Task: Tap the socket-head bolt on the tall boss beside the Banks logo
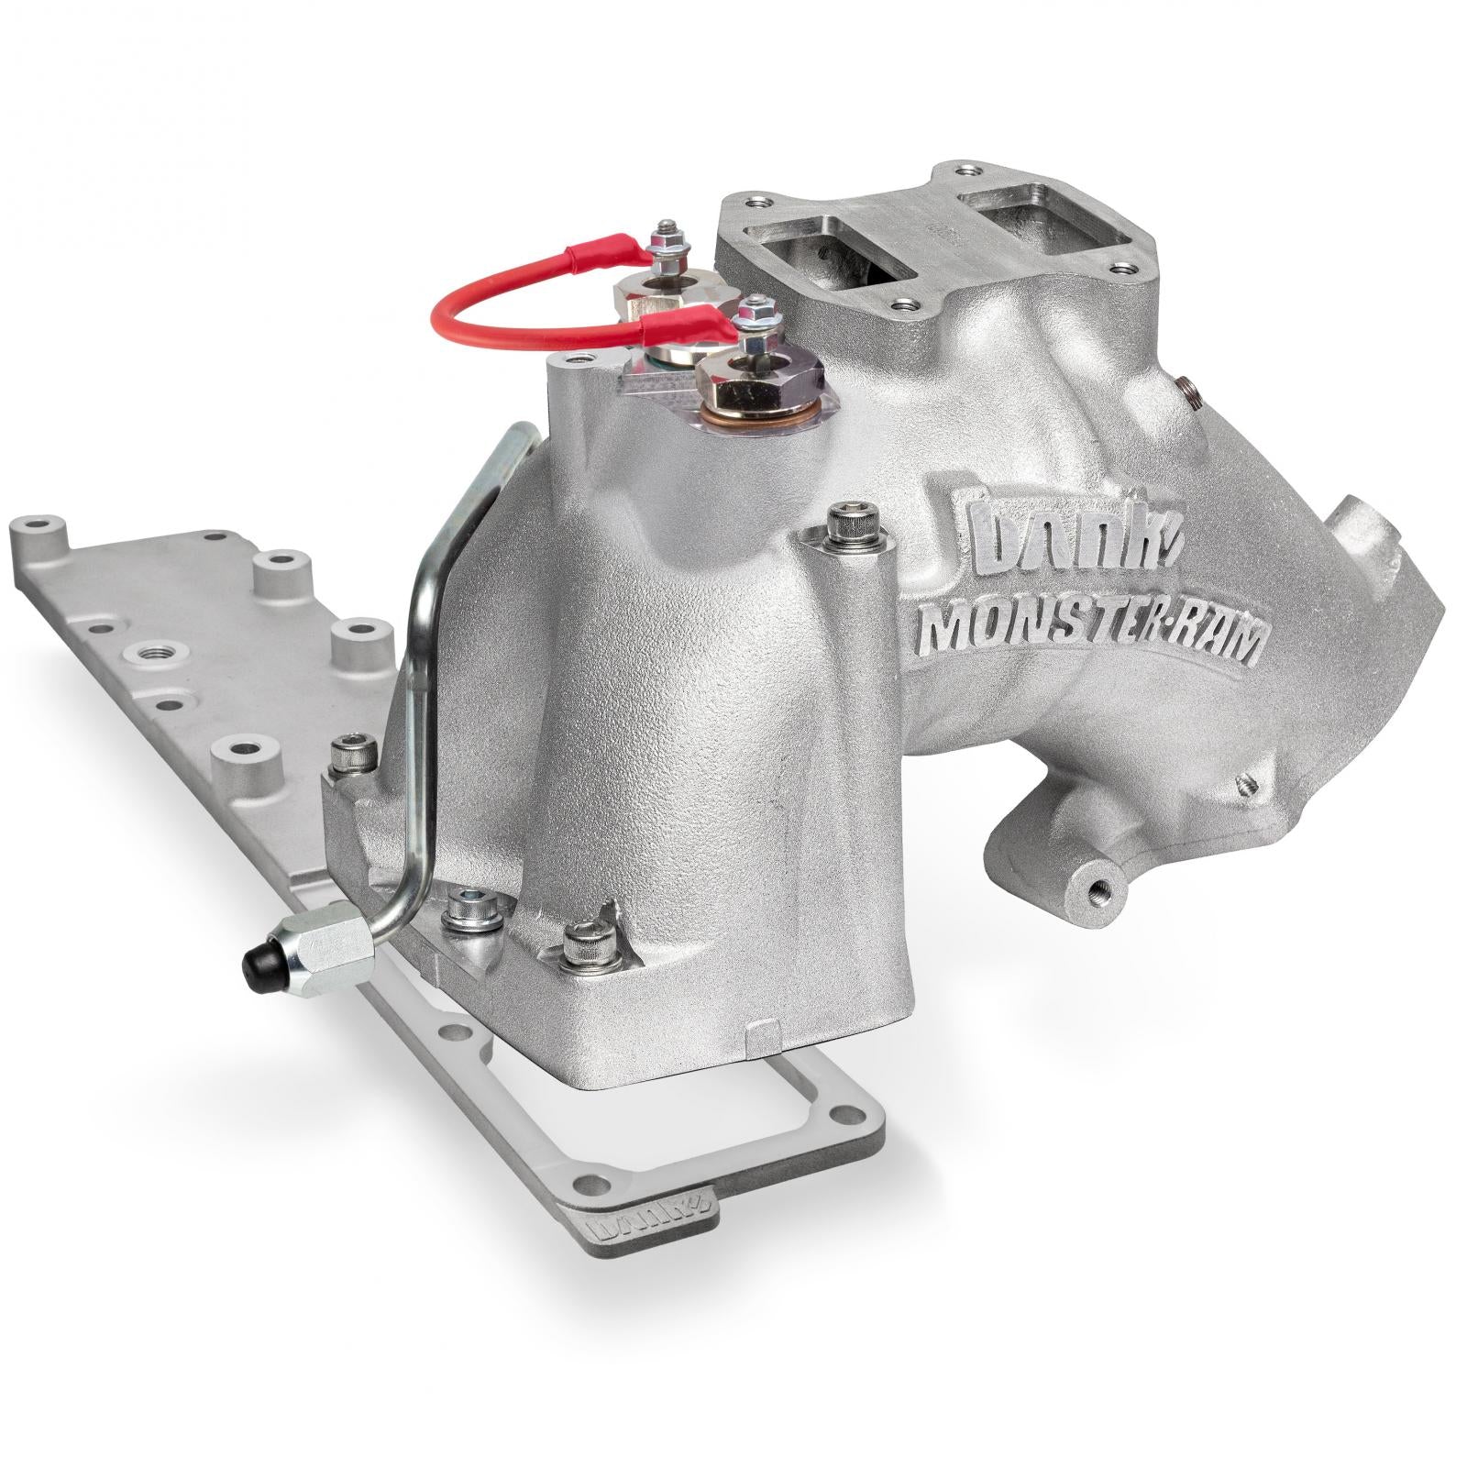843,527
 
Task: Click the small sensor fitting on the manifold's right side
1188,390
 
